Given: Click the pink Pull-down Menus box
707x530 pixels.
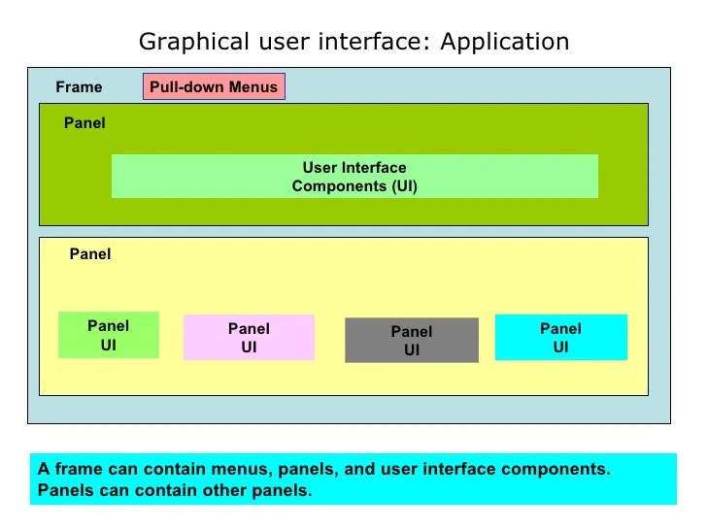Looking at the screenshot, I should point(214,86).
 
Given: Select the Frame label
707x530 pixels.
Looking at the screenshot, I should point(79,87).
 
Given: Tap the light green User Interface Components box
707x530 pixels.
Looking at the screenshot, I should point(354,177).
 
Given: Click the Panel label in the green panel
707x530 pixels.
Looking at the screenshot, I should point(84,123).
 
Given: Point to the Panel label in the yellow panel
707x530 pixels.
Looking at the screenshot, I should point(90,254).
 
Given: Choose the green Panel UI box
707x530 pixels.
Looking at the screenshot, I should point(108,335).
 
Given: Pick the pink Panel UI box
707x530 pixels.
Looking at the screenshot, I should point(249,338).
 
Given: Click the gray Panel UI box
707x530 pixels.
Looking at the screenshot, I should point(412,341).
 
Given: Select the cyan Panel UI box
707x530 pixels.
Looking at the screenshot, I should point(560,338).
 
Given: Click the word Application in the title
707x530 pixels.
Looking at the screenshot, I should point(505,42).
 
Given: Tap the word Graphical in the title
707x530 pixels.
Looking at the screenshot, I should point(182,42).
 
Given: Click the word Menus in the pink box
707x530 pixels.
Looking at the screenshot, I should point(254,86).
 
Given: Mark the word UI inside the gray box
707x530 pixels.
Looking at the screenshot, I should point(412,350).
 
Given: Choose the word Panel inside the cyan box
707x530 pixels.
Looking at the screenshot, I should point(560,329).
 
